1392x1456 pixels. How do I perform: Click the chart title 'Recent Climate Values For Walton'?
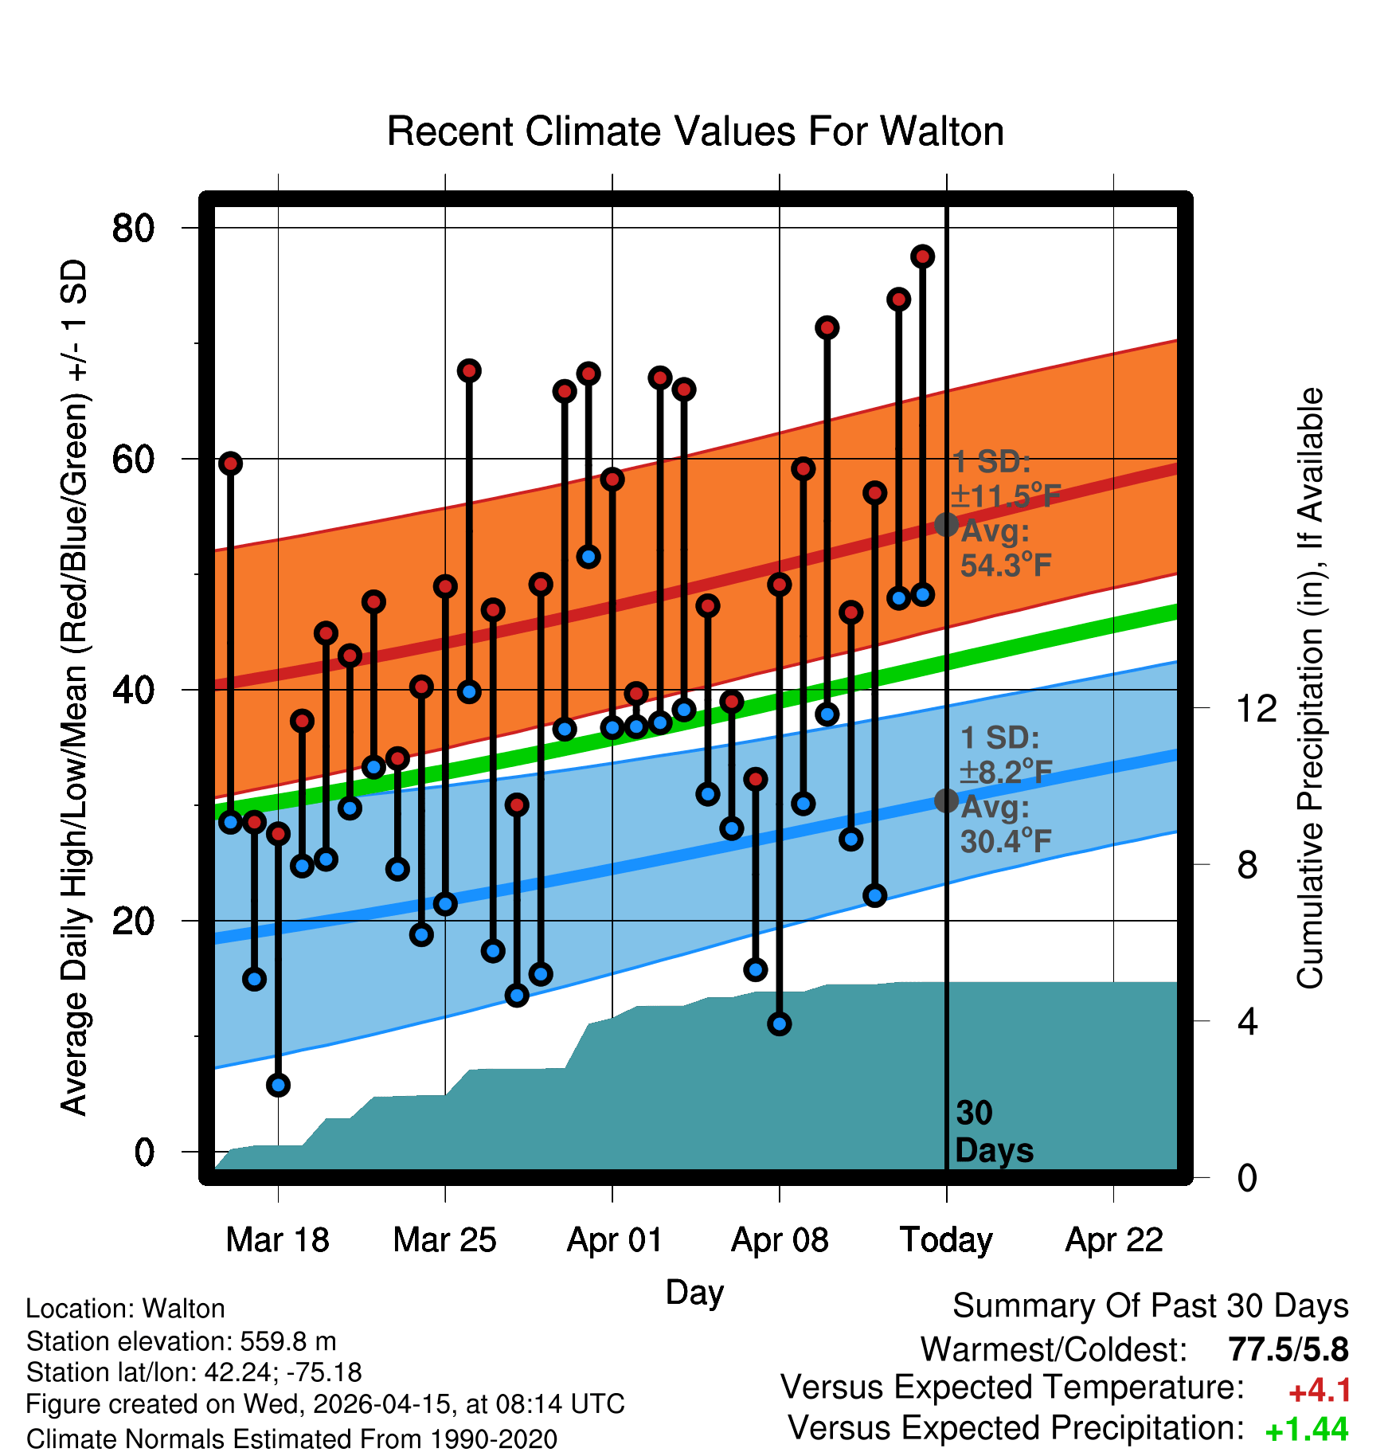695,131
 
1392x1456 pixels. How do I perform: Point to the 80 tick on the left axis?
133,229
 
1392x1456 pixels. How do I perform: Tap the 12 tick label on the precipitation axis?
1257,708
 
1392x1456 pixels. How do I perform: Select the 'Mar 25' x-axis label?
444,1240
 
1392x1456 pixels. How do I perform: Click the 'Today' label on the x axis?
946,1240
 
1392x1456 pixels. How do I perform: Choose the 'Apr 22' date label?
1114,1240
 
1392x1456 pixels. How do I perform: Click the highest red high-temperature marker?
923,256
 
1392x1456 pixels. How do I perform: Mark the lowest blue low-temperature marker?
278,1085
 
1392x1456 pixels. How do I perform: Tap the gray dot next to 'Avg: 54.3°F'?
946,524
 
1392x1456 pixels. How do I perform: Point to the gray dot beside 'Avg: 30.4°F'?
946,800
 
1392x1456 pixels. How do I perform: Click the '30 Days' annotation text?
994,1132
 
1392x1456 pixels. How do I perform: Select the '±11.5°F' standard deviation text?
1006,496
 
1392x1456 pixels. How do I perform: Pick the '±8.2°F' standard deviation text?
1006,772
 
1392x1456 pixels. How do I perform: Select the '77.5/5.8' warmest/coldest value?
1288,1349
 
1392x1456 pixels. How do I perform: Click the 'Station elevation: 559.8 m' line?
182,1341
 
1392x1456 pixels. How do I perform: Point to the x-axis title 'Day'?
694,1293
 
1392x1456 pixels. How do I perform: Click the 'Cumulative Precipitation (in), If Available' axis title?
1310,688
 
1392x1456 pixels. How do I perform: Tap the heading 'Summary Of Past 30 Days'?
1151,1306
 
